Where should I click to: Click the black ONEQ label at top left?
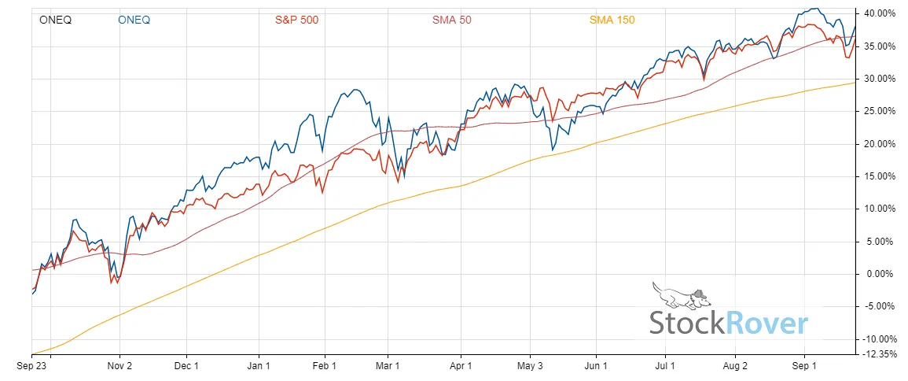point(55,20)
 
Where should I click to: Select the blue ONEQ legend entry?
point(134,20)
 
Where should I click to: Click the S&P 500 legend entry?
point(296,20)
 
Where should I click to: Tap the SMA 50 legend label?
point(451,20)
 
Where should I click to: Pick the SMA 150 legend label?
point(612,20)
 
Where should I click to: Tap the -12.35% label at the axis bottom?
point(878,355)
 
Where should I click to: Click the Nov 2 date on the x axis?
point(119,367)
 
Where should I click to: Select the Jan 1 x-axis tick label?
point(259,367)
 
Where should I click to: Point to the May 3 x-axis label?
point(530,367)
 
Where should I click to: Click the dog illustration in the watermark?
point(681,296)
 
